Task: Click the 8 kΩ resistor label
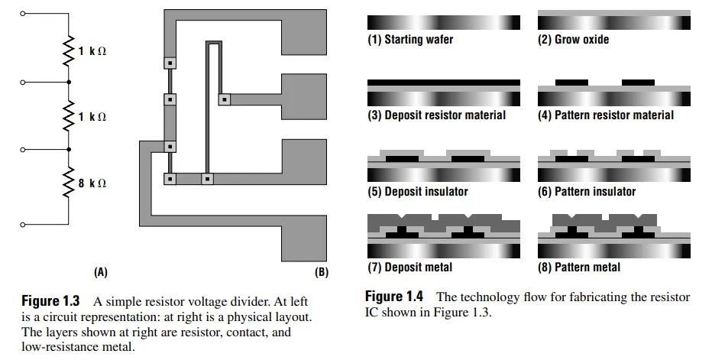(92, 183)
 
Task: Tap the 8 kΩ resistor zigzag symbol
(69, 182)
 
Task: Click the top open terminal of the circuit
(23, 14)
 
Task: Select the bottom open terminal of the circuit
(23, 224)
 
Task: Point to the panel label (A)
(100, 271)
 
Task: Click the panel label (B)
(321, 271)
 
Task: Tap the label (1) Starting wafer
(410, 39)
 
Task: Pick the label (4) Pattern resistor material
(606, 115)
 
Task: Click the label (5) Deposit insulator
(418, 191)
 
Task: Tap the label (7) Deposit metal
(410, 267)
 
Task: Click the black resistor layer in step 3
(443, 82)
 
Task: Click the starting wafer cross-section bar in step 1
(443, 22)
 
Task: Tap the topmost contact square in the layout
(170, 62)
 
